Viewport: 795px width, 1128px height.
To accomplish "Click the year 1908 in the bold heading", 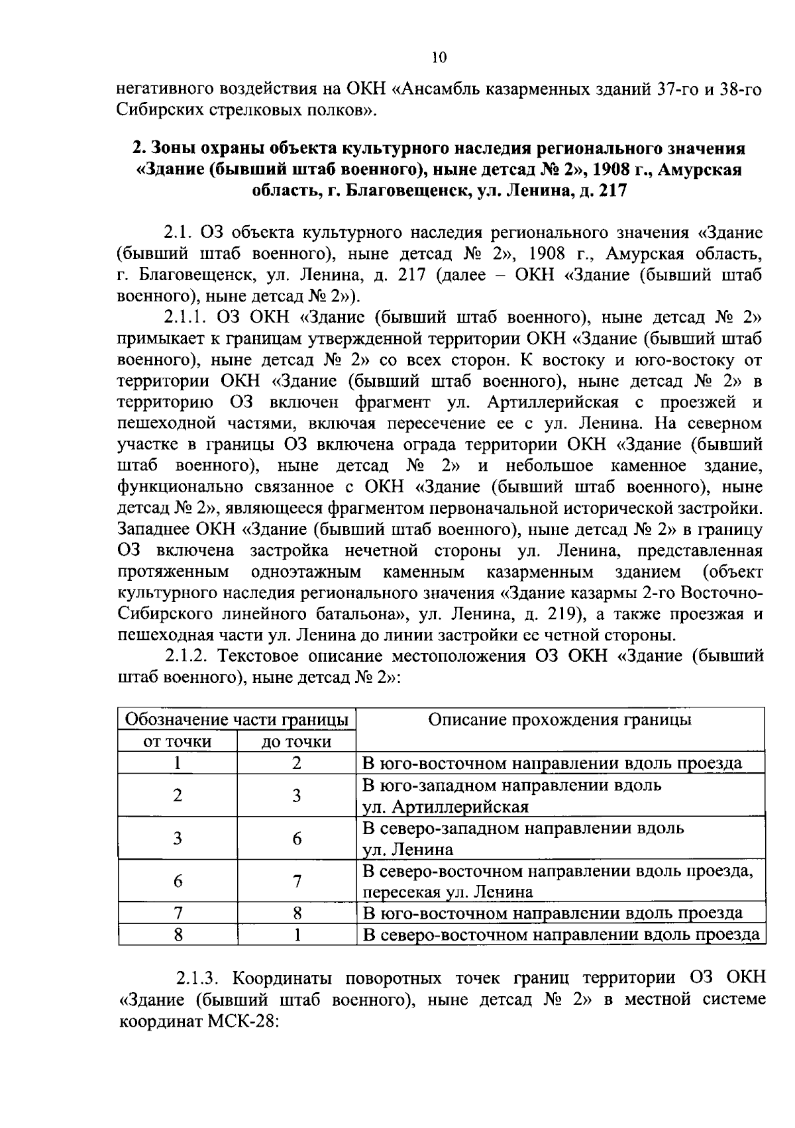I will (611, 170).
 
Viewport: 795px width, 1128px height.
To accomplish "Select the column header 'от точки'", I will (178, 741).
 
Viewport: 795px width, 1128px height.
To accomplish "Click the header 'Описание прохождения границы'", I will (560, 720).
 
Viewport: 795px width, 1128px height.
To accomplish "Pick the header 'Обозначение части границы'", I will (237, 720).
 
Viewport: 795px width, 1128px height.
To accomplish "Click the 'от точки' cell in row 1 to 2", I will (178, 763).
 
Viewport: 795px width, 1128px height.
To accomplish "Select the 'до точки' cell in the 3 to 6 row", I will (297, 839).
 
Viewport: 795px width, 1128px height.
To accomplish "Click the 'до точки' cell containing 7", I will (297, 881).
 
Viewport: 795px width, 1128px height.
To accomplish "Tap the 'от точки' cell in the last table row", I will (178, 935).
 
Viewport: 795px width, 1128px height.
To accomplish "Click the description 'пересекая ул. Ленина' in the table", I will (448, 892).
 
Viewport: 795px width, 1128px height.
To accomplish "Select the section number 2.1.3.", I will (202, 978).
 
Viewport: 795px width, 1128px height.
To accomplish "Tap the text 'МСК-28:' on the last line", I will (246, 1021).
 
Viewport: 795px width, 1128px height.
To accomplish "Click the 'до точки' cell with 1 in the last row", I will (297, 935).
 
